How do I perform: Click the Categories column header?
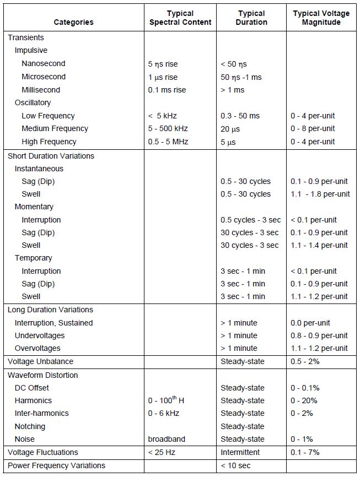[x=73, y=22]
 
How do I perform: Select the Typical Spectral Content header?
[x=180, y=18]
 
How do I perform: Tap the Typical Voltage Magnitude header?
[x=321, y=18]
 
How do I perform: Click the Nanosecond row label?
[x=44, y=64]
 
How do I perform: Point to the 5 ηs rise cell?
[x=163, y=64]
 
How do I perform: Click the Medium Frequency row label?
[x=55, y=128]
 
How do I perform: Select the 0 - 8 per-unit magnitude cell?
[x=313, y=128]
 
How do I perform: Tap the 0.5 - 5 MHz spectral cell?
[x=168, y=142]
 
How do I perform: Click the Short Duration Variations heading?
[x=51, y=156]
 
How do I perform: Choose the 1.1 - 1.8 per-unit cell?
[x=320, y=194]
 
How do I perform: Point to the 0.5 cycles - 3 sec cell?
[x=250, y=220]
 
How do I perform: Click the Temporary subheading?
[x=33, y=258]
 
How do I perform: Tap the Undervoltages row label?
[x=40, y=335]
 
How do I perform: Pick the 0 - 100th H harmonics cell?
[x=166, y=400]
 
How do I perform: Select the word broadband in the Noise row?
[x=166, y=439]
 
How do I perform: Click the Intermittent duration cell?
[x=242, y=452]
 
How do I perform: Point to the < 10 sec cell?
[x=237, y=465]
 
